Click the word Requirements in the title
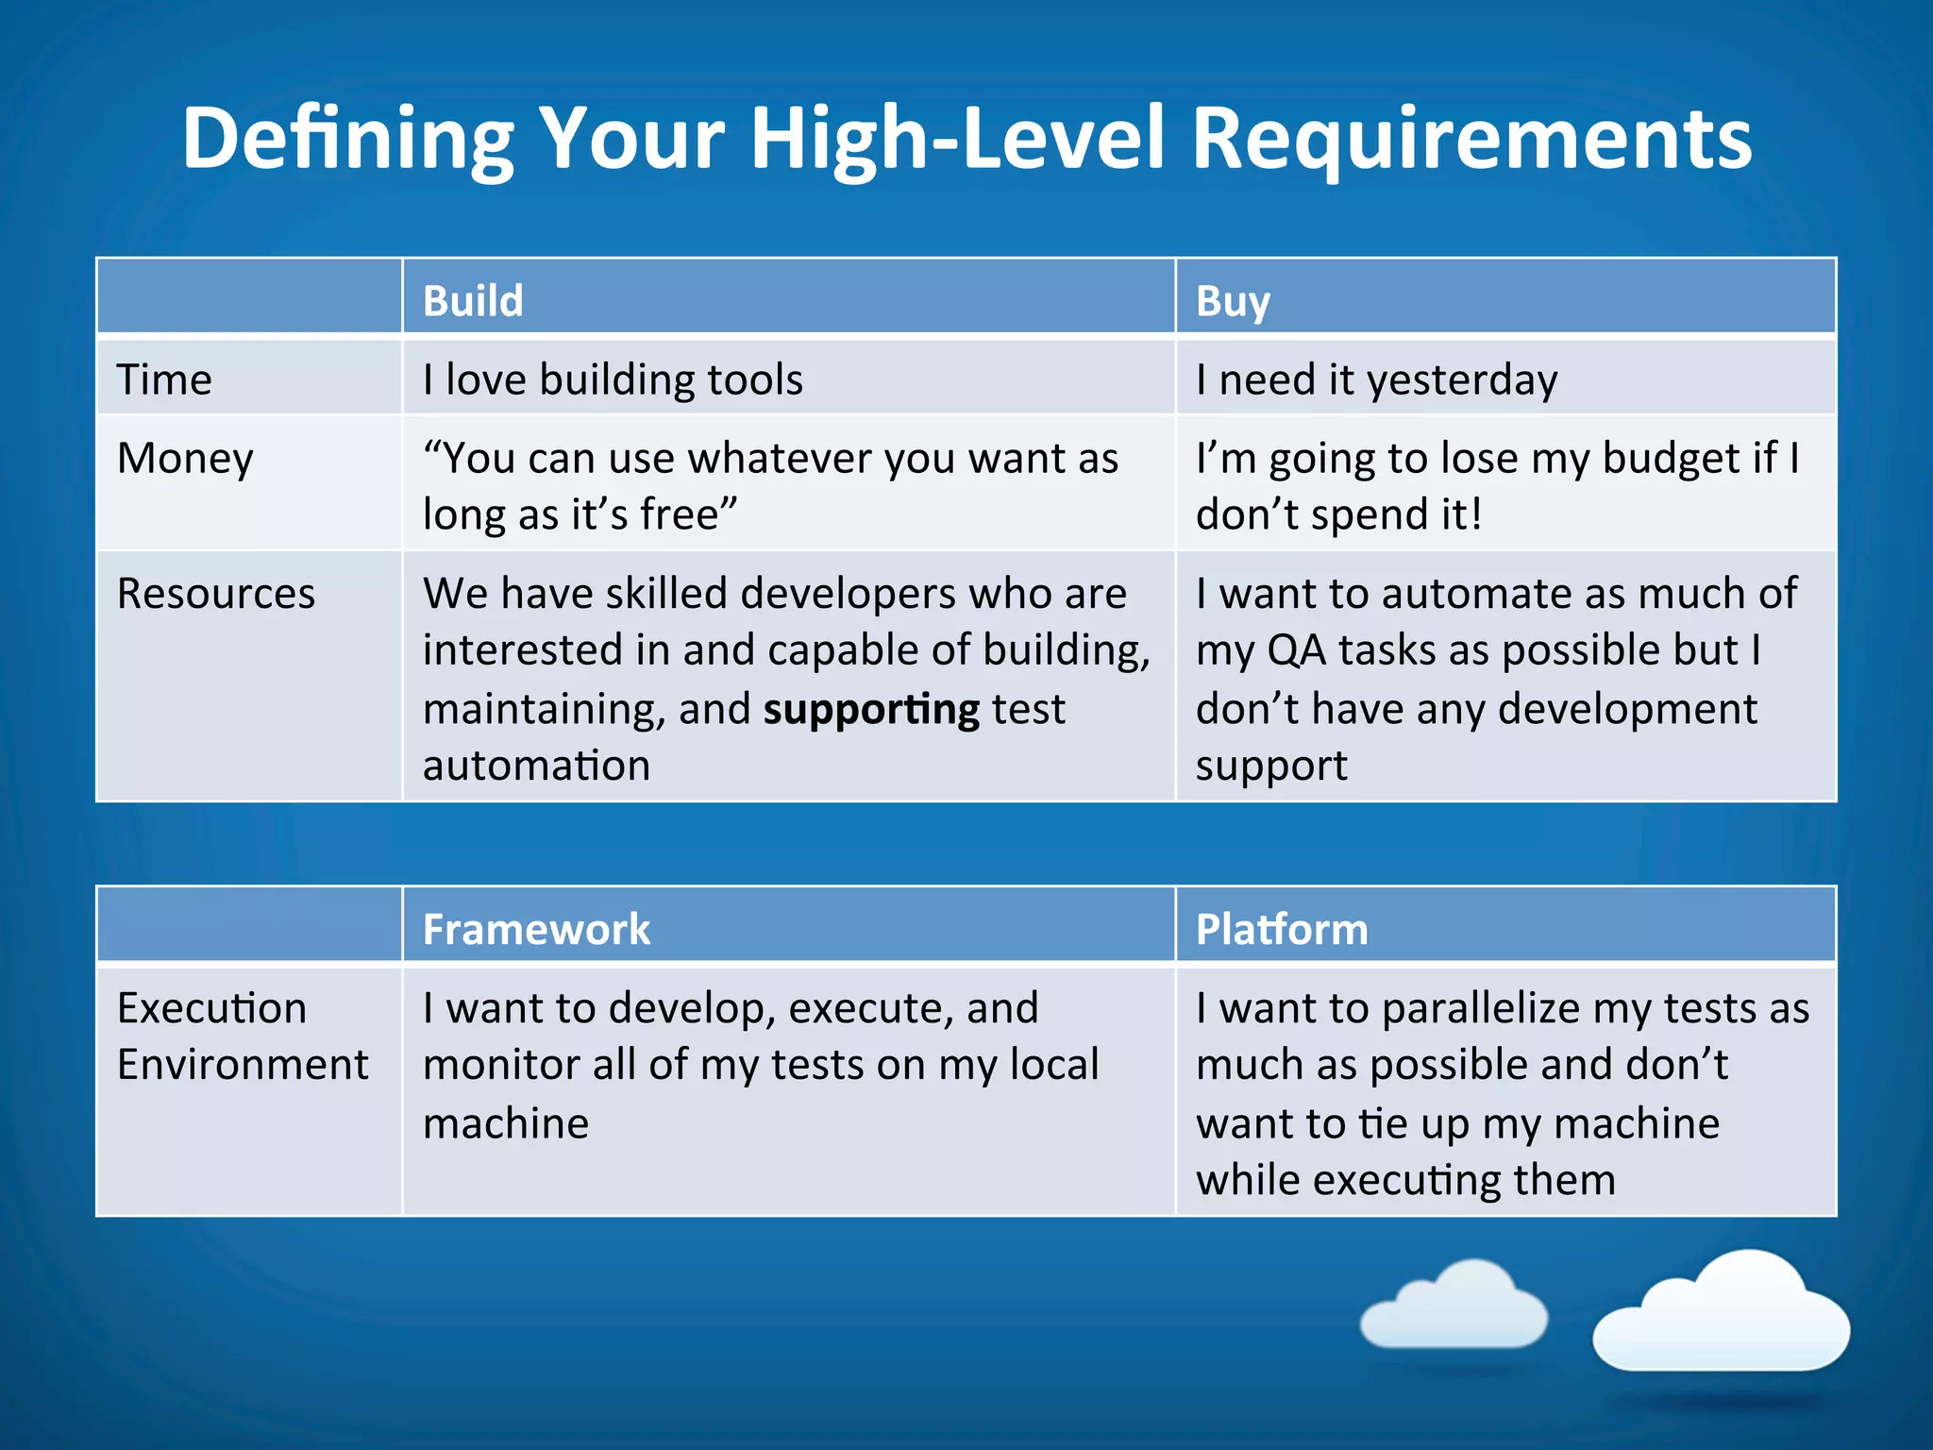(1471, 139)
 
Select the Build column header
(473, 301)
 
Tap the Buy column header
(1233, 301)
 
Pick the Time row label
(164, 379)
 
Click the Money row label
(185, 459)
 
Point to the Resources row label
(216, 594)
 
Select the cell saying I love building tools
(613, 379)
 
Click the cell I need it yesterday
(1376, 379)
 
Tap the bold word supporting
(871, 710)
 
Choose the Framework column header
(536, 929)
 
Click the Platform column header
(1282, 929)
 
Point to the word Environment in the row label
(243, 1065)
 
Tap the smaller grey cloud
(1454, 1307)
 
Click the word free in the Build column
(681, 515)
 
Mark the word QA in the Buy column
(1297, 650)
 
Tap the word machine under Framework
(506, 1123)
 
